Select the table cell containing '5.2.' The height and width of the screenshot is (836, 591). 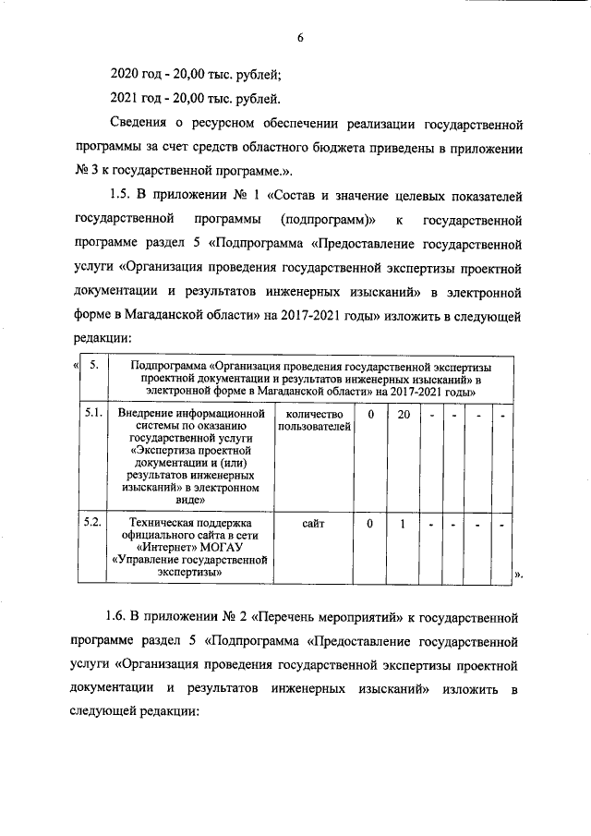[x=92, y=523]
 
